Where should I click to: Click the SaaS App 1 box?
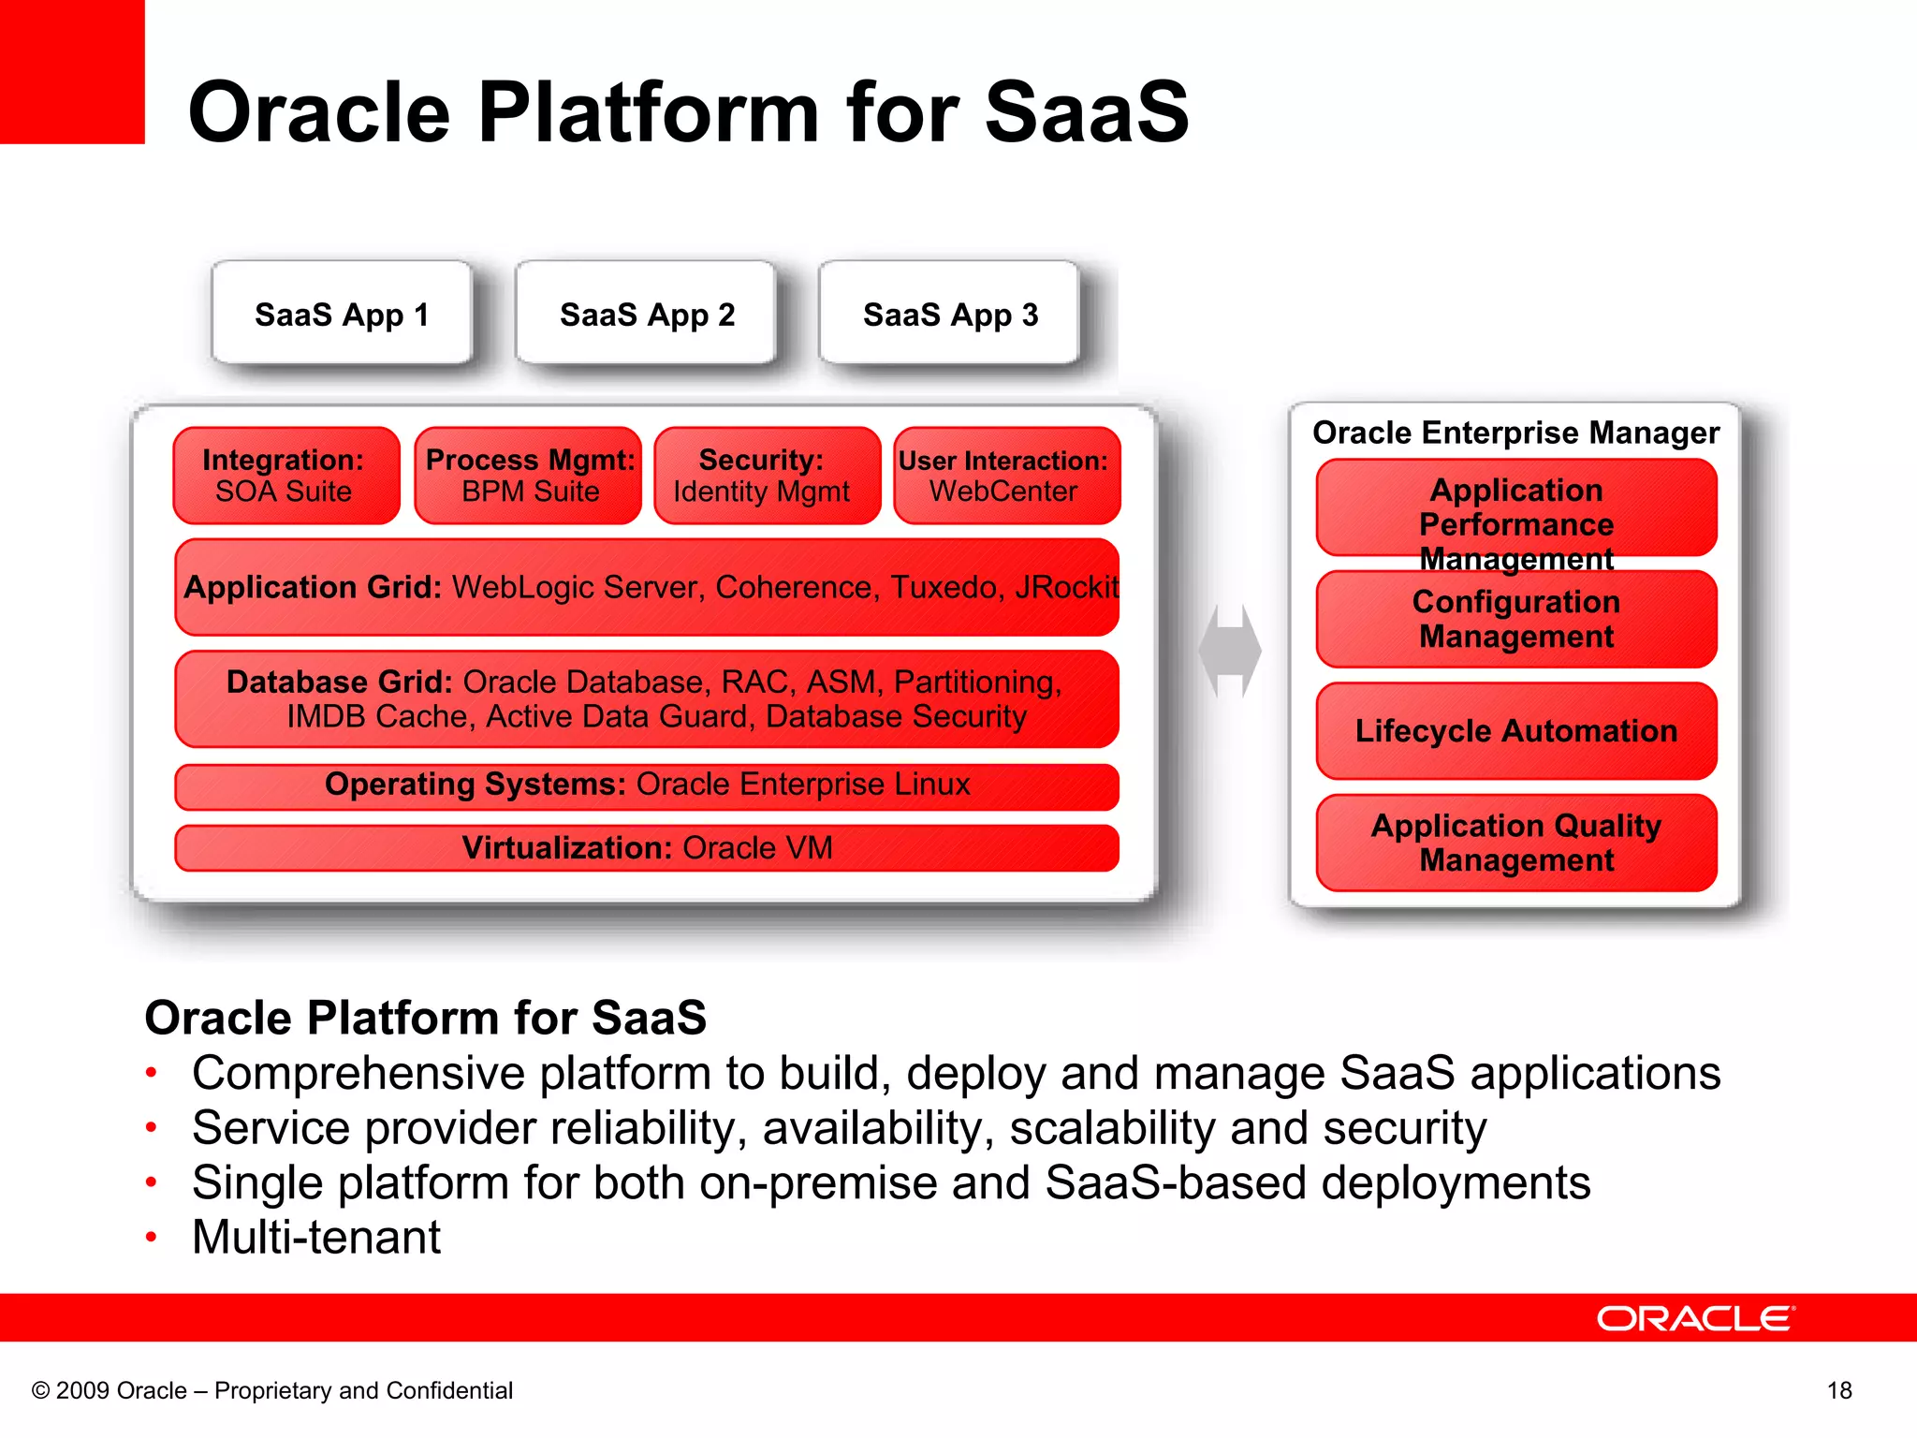coord(342,314)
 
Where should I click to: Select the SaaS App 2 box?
coord(646,314)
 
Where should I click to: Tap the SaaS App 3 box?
coord(949,314)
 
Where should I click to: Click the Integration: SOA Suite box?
coord(285,476)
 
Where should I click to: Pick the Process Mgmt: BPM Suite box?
coord(529,476)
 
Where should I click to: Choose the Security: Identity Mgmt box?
coord(768,476)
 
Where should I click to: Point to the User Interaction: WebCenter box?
coord(1006,476)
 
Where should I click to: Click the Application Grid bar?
coord(647,587)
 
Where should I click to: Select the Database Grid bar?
coord(647,698)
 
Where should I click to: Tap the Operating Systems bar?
coord(647,785)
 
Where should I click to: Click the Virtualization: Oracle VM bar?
coord(647,847)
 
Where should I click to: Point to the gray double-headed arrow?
coord(1230,651)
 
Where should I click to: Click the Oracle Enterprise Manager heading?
coord(1515,433)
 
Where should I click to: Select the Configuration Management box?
coord(1515,619)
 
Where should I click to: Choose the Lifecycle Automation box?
coord(1515,730)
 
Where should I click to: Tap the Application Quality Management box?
coord(1515,843)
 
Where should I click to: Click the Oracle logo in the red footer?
coord(1695,1318)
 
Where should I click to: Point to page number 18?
coord(1839,1390)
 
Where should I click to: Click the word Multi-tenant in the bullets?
coord(316,1237)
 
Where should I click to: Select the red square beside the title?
coord(72,72)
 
